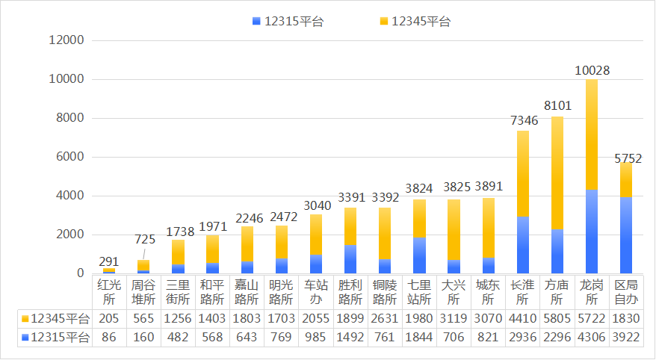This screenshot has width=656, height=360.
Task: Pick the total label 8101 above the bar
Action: click(x=557, y=108)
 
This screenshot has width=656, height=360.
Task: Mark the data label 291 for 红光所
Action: click(x=109, y=261)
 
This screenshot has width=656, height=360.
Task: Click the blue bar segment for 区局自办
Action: click(x=626, y=235)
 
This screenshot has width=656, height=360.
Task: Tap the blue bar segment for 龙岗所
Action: click(x=592, y=231)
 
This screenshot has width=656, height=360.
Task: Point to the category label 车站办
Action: click(x=315, y=292)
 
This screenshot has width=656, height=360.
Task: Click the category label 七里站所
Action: click(x=419, y=292)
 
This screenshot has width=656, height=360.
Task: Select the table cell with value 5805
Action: click(x=557, y=319)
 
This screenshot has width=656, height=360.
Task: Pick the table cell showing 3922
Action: click(x=626, y=338)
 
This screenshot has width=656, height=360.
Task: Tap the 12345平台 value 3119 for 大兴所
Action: click(x=454, y=319)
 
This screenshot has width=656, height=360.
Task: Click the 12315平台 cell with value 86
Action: click(x=108, y=338)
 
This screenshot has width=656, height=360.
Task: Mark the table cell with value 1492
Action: click(x=350, y=338)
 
